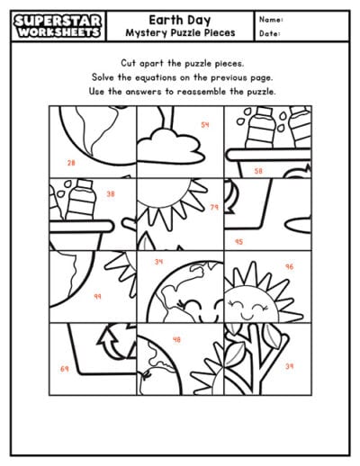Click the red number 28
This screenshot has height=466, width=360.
(x=71, y=163)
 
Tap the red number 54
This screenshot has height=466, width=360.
(x=204, y=125)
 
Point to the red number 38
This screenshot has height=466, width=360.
(x=111, y=193)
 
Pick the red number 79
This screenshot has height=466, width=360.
(x=214, y=208)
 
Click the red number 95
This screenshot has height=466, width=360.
(x=238, y=241)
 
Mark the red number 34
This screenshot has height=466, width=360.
(x=158, y=262)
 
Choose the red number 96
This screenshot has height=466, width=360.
(x=289, y=266)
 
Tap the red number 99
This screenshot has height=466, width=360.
(x=97, y=296)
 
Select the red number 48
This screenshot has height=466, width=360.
(x=176, y=339)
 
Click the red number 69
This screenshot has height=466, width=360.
(x=64, y=369)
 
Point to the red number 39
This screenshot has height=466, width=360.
(x=289, y=366)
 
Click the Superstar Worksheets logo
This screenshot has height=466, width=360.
(x=52, y=25)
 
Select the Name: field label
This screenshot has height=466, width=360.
(x=271, y=19)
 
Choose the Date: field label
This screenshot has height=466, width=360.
(x=269, y=33)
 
